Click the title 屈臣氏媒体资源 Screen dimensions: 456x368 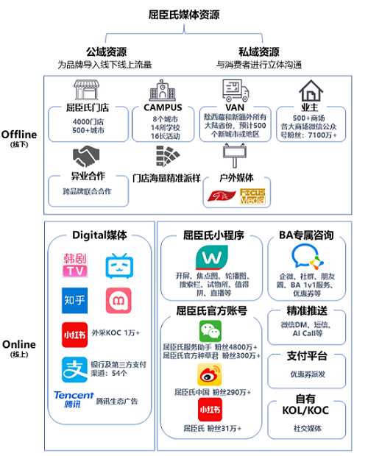[x=184, y=14]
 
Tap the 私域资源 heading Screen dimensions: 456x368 [x=259, y=51]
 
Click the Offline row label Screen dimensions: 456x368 [x=20, y=135]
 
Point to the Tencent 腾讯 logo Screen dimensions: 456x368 [x=74, y=399]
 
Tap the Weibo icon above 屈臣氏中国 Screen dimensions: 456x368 [x=210, y=375]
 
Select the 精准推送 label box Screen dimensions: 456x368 [x=307, y=312]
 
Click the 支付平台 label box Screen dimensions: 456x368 [x=307, y=357]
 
